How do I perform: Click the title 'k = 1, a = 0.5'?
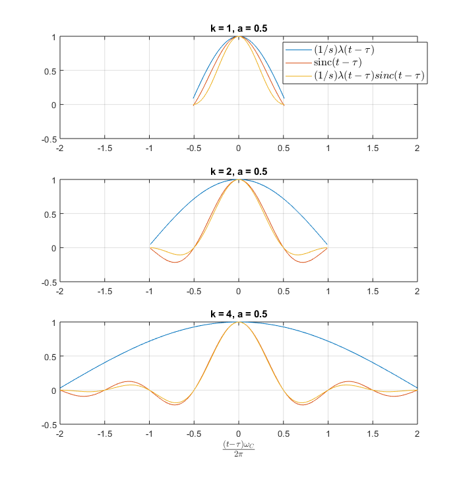(x=238, y=28)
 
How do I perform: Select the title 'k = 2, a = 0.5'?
(x=238, y=172)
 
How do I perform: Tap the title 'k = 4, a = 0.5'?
(x=238, y=314)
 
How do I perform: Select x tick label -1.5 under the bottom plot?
(x=104, y=433)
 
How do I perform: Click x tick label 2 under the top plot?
(x=417, y=148)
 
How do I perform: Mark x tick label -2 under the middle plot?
(x=60, y=291)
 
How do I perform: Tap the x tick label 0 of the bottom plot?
(x=239, y=433)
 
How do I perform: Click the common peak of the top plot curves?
(x=239, y=36)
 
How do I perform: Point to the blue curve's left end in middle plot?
(x=150, y=244)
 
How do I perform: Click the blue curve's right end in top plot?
(x=284, y=98)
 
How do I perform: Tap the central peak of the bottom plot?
(x=239, y=322)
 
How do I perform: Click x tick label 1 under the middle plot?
(x=328, y=291)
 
